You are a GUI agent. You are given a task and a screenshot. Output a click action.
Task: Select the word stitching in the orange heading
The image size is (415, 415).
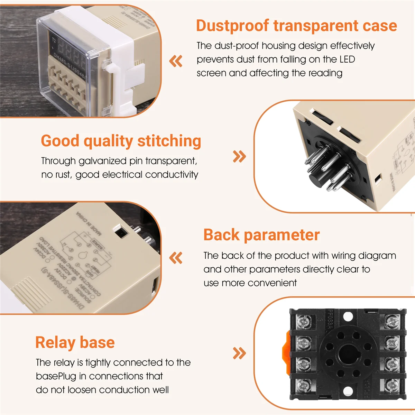click(169, 141)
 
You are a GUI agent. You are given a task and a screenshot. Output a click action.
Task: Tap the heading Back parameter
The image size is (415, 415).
click(261, 235)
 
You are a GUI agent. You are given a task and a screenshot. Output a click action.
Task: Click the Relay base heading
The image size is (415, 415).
click(75, 342)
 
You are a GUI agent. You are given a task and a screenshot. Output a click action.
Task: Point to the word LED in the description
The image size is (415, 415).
click(347, 59)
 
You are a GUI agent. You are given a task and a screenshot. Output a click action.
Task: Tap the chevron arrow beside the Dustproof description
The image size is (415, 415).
click(176, 61)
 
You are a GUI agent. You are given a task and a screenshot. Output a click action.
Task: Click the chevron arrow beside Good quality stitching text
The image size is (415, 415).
click(239, 156)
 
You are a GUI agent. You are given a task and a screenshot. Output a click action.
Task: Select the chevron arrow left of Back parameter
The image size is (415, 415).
click(176, 258)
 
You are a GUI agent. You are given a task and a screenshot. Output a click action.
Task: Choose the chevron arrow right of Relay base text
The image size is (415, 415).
click(239, 353)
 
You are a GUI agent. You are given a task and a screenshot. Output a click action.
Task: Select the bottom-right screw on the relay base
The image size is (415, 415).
click(391, 385)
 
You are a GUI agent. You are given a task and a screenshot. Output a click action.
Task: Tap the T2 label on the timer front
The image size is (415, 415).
click(54, 40)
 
